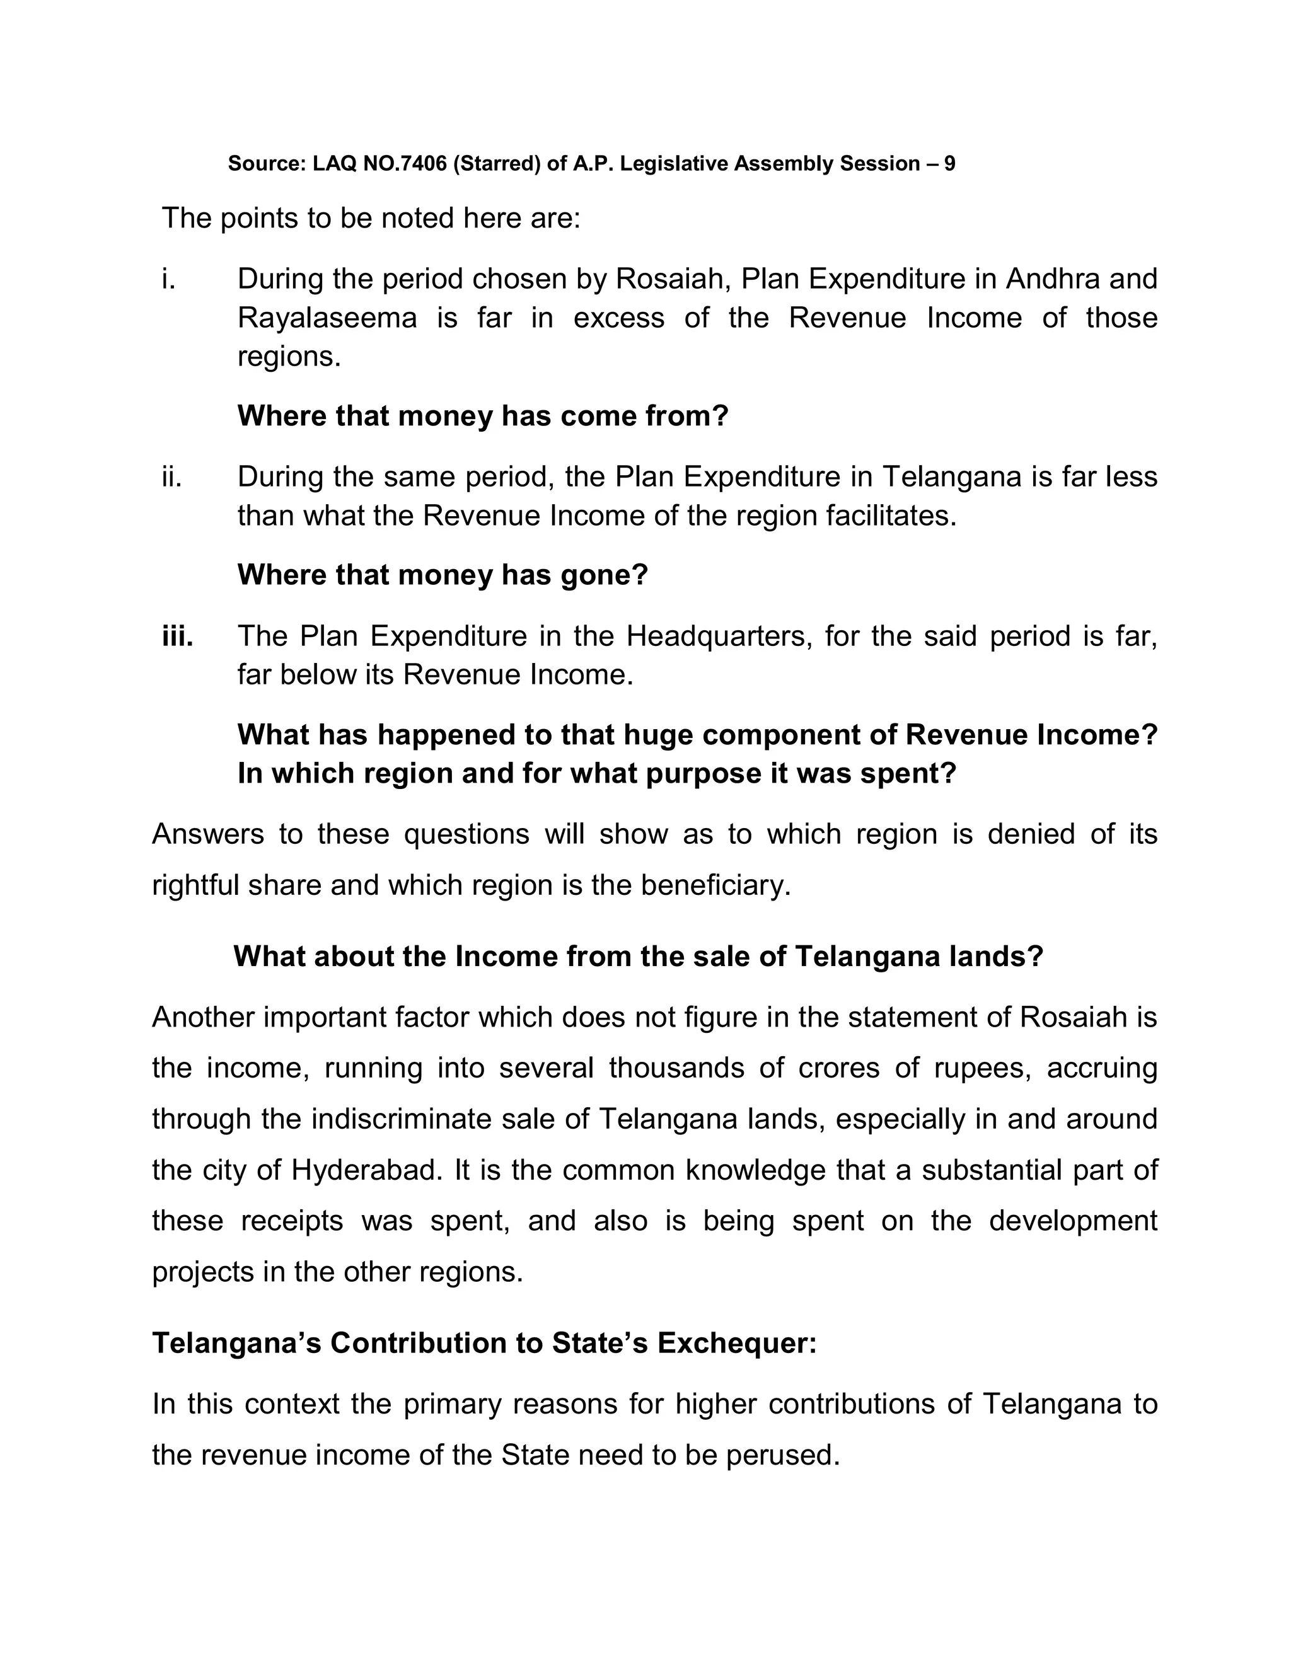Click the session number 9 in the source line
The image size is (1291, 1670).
tap(949, 164)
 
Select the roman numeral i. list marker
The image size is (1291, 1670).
tap(168, 279)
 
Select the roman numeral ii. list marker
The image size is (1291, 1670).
tap(171, 477)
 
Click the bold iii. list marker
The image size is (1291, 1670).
tap(177, 636)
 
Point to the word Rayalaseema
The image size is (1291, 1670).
tap(327, 318)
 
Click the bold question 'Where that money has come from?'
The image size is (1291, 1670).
tap(483, 417)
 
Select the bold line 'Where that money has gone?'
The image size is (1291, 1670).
tap(442, 575)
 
